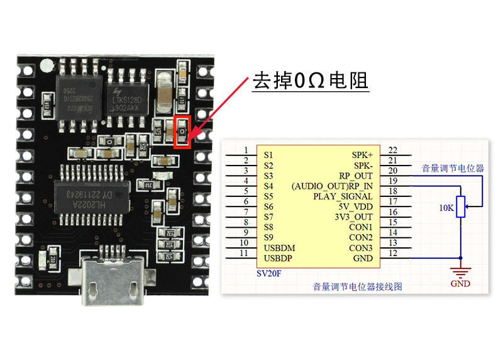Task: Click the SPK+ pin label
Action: [362, 154]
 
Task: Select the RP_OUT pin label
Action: [356, 175]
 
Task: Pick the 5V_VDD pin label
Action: [355, 206]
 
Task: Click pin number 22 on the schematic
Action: [394, 150]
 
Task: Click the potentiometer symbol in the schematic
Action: [461, 206]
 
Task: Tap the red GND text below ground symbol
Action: [460, 284]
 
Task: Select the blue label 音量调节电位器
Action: [453, 168]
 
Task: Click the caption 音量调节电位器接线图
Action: [357, 286]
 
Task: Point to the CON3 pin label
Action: [361, 248]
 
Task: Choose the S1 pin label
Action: [268, 154]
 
